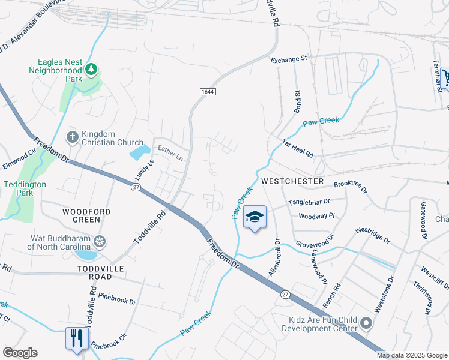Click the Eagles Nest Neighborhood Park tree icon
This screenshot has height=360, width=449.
91,70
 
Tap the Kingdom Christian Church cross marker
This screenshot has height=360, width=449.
72,137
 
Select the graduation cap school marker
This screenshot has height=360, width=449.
255,217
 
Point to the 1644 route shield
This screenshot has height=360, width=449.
208,91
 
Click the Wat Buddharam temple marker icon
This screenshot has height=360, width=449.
100,241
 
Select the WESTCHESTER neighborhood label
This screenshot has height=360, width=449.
292,181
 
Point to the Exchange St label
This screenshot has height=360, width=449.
289,59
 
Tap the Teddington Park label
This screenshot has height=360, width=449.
25,189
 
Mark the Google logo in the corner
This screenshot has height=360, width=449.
20,353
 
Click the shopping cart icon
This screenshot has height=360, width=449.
446,76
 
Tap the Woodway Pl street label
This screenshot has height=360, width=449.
316,216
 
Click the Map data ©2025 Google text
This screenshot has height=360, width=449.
412,355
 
